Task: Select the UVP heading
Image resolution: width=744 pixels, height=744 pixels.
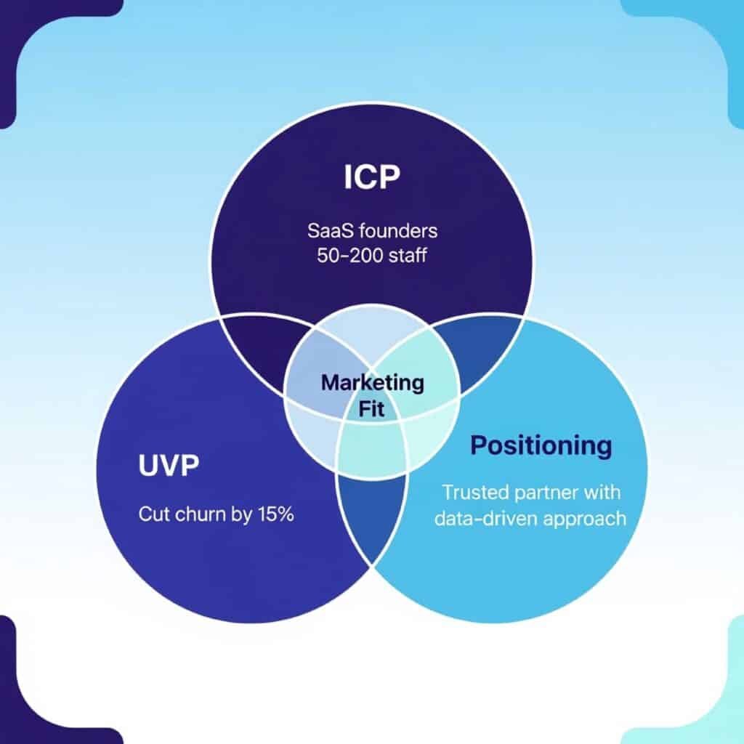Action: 168,466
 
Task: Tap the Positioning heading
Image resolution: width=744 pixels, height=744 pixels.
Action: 541,445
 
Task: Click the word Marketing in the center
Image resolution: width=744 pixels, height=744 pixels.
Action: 372,382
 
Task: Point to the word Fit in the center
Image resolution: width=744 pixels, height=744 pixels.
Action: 372,408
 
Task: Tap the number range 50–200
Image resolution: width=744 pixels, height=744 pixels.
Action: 345,256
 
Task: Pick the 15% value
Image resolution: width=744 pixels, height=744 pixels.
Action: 274,515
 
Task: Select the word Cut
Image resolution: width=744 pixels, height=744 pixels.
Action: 151,515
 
